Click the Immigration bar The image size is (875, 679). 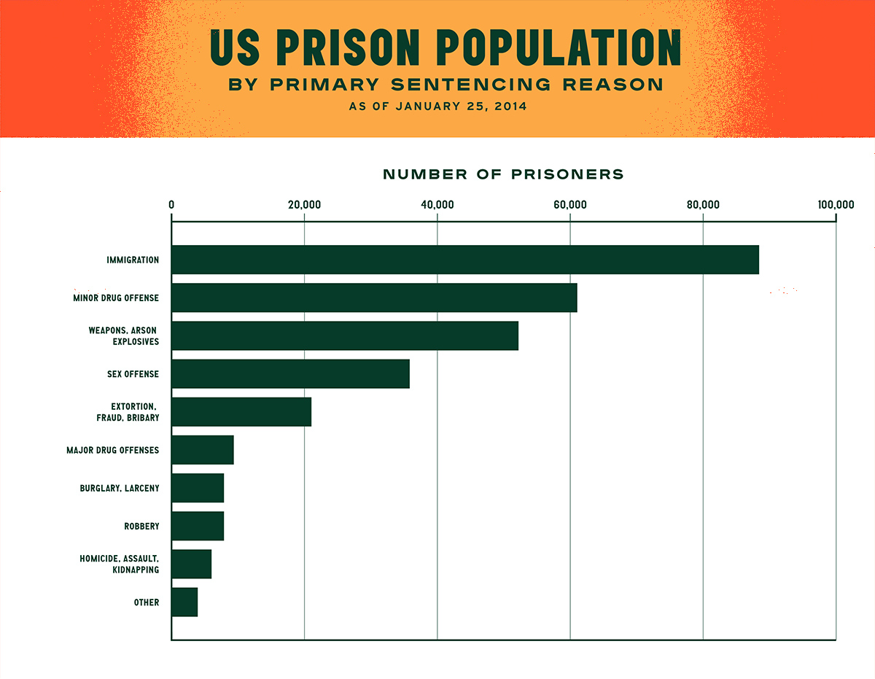click(x=465, y=260)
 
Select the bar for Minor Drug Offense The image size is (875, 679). click(x=374, y=298)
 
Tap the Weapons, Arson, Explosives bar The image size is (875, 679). click(x=345, y=335)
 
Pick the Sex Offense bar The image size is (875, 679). click(x=290, y=373)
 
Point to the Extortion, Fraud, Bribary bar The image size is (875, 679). click(x=241, y=412)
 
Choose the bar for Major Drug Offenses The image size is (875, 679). click(x=203, y=450)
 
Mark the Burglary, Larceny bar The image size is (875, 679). click(x=198, y=488)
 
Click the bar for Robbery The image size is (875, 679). click(x=198, y=526)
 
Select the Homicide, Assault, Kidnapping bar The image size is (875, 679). click(x=192, y=564)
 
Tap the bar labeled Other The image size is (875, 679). click(x=184, y=602)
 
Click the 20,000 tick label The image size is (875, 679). click(x=304, y=205)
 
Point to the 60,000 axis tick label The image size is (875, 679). click(x=569, y=205)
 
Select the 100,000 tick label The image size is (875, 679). click(x=835, y=205)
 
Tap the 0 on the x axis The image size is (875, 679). click(x=171, y=205)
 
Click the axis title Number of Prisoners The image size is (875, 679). click(x=503, y=174)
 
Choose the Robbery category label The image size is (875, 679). click(x=141, y=526)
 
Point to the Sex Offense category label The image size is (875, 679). click(x=133, y=374)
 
